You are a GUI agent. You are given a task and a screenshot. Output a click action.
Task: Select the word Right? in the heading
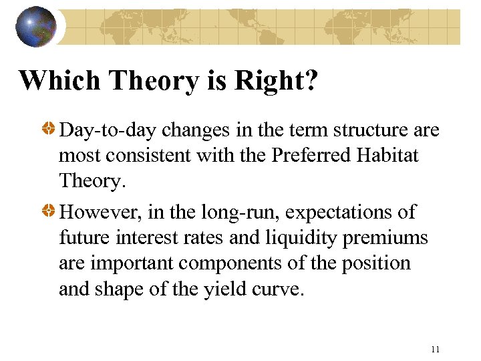point(276,80)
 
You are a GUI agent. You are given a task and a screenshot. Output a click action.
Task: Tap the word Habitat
point(388,155)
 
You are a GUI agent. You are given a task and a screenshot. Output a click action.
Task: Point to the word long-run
point(215,213)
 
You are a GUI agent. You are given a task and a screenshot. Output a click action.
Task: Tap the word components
point(222,263)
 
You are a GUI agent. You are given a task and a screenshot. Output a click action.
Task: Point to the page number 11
point(436,349)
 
